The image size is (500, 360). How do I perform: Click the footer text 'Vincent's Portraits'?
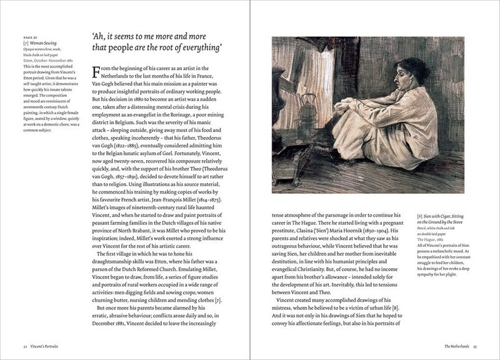(x=46, y=346)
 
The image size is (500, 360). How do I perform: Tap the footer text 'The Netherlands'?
(x=457, y=346)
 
